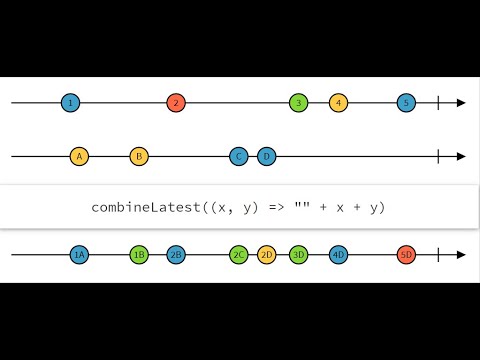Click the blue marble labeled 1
69,103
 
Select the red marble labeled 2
176,103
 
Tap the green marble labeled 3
298,103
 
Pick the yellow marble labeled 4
339,103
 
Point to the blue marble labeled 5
405,103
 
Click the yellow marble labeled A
79,156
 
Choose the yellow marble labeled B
139,156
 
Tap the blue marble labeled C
238,156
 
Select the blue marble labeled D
266,156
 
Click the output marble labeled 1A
79,255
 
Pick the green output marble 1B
139,255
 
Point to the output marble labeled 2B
176,255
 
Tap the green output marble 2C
238,255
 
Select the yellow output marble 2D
266,255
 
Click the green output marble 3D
298,255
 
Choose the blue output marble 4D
339,255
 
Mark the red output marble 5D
405,255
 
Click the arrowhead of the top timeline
461,103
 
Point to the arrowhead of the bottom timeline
461,255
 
